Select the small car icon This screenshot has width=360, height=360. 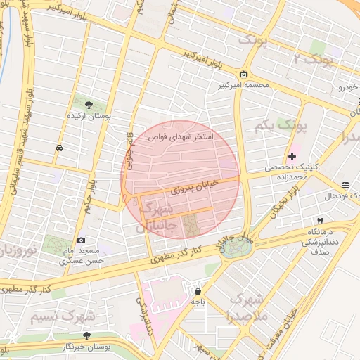pos(59,148)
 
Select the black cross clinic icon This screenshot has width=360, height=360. pos(292,156)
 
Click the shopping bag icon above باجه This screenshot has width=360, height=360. pos(198,291)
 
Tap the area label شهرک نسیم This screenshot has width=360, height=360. pos(61,317)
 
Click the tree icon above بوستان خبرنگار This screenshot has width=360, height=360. pos(86,336)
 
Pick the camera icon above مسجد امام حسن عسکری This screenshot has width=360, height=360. pos(81,240)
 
